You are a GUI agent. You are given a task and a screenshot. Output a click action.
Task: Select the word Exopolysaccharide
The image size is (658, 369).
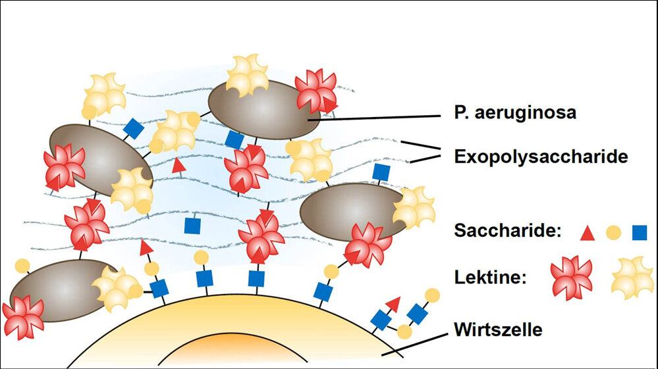[x=541, y=157]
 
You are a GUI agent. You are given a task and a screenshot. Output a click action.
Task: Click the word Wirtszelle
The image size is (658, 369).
[x=498, y=329]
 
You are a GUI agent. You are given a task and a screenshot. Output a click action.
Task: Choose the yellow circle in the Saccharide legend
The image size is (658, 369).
[x=613, y=232]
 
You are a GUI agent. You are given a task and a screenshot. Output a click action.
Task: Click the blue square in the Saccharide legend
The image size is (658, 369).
[x=639, y=232]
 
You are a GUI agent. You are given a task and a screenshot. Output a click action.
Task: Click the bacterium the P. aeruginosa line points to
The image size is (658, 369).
[x=263, y=111]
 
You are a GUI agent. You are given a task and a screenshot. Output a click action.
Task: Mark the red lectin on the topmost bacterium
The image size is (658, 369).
[x=315, y=91]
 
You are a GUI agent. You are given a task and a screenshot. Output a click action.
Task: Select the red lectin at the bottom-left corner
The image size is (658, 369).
[x=23, y=318]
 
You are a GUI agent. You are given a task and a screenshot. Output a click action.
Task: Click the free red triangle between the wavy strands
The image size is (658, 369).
[x=177, y=166]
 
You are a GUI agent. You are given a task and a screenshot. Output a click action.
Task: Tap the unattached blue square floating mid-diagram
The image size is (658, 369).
[x=192, y=226]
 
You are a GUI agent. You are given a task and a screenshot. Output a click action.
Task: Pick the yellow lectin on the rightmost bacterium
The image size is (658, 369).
[x=414, y=208]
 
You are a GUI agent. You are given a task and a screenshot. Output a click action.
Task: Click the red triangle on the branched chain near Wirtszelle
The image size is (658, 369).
[x=393, y=303]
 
